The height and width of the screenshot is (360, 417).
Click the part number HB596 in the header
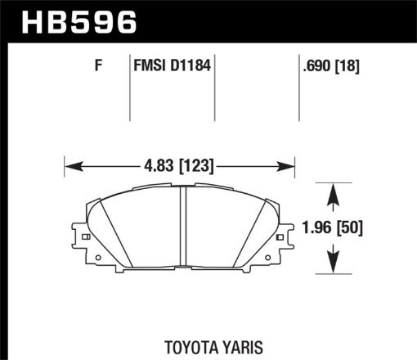point(80,22)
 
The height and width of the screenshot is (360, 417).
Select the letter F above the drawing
point(98,68)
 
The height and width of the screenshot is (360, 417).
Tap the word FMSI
point(150,68)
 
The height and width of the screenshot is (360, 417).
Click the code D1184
point(191,68)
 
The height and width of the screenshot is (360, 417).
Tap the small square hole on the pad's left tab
point(84,237)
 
